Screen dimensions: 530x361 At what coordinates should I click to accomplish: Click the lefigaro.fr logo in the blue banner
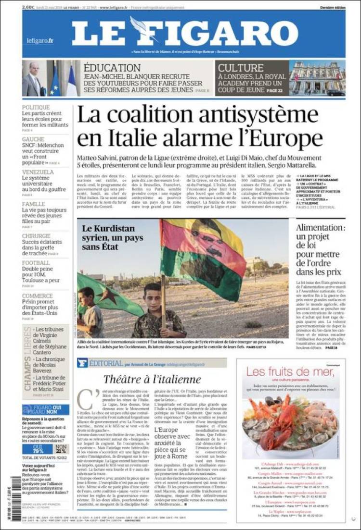point(40,41)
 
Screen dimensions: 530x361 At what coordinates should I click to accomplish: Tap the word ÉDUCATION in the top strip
point(112,68)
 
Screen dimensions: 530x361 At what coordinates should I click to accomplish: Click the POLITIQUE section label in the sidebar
point(36,108)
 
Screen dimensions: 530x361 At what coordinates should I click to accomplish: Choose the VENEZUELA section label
point(38,172)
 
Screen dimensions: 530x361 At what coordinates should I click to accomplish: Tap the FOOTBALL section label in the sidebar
point(36,263)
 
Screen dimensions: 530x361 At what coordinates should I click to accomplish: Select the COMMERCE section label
point(37,296)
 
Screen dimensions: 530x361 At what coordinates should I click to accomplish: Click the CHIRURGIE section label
point(36,236)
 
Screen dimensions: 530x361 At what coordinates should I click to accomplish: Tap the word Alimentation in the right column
point(320,228)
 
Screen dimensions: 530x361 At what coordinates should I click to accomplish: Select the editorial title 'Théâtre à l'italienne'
point(152,379)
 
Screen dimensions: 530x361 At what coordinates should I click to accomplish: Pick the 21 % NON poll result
point(62,450)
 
